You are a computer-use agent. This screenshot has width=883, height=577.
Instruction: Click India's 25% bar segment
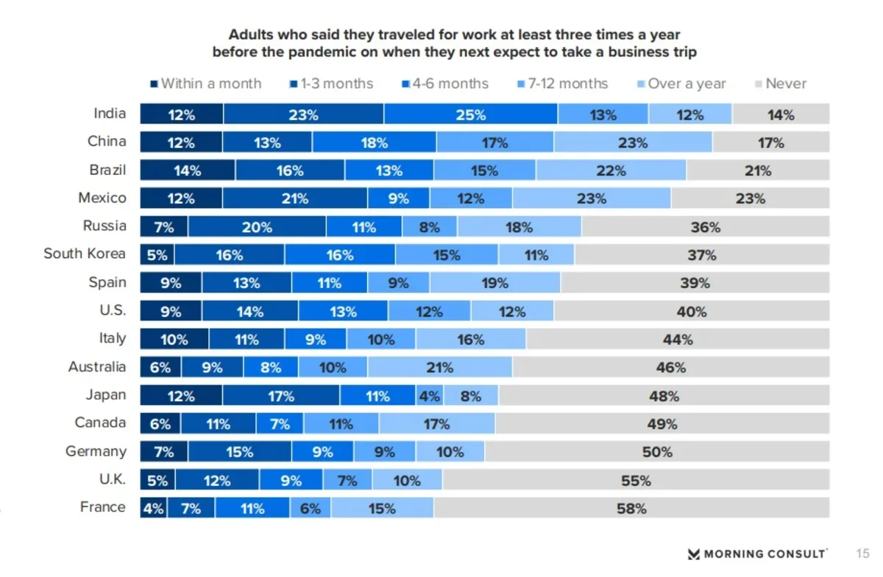470,115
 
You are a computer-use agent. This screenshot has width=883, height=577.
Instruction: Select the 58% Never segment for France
631,508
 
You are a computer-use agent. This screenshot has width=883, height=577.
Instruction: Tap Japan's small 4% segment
429,396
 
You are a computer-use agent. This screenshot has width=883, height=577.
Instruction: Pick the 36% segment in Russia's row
705,227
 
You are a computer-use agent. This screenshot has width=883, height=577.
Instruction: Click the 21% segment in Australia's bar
439,368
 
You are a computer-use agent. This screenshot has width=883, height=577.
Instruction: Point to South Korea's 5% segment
157,255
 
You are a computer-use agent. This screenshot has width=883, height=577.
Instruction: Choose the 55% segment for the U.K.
636,481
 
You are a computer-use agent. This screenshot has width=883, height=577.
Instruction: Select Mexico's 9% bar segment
398,198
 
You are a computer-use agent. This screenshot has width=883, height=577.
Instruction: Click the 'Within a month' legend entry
206,84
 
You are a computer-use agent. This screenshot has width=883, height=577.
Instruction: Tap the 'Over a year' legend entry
681,84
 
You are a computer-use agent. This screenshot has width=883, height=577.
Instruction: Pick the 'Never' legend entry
781,84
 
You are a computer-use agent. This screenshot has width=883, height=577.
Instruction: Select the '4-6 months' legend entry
444,84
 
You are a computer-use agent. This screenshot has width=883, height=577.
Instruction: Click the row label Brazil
108,170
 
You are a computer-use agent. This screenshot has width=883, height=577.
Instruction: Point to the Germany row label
96,451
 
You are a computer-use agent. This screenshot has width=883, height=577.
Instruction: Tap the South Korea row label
85,254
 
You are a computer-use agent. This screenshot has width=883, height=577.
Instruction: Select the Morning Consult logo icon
693,553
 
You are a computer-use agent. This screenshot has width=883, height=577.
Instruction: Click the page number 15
862,553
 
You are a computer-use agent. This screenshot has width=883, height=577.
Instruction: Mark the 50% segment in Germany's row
657,452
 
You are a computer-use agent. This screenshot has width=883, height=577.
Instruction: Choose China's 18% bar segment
374,143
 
